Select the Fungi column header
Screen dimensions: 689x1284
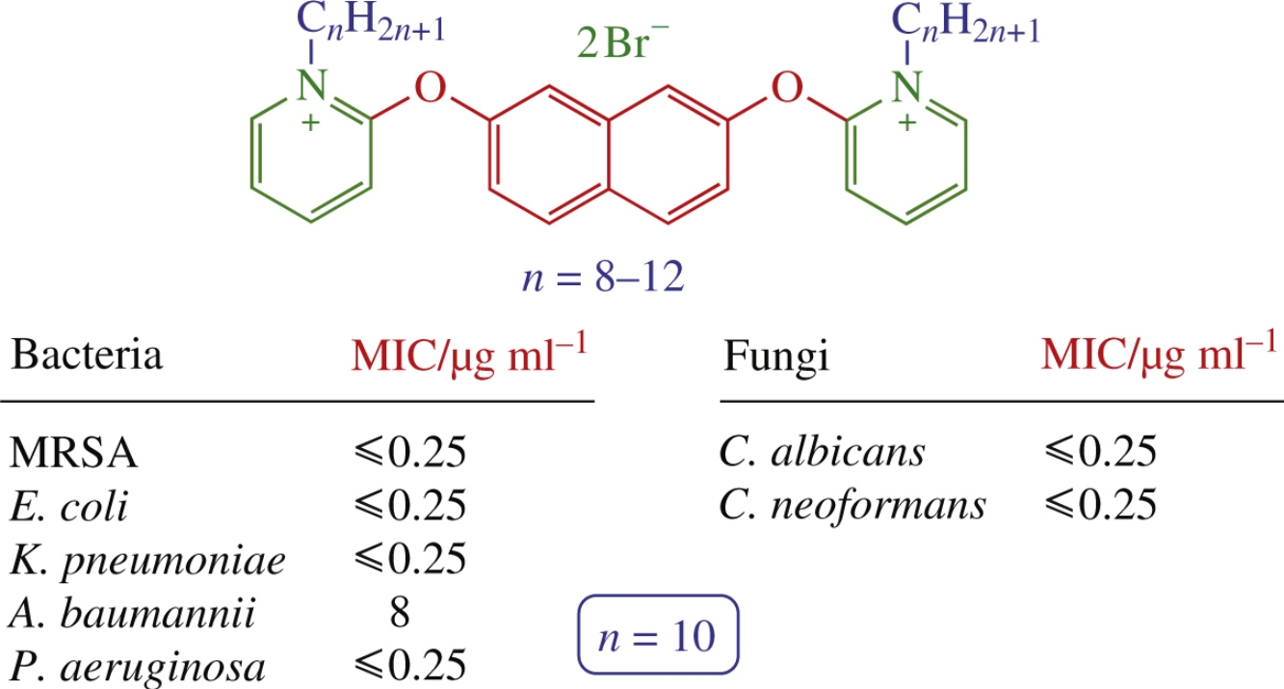(774, 358)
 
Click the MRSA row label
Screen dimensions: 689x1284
(74, 453)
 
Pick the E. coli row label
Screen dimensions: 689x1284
(69, 506)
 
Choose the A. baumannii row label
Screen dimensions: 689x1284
(134, 613)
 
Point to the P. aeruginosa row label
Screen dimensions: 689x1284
(139, 667)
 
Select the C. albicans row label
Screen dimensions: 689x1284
(822, 452)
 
